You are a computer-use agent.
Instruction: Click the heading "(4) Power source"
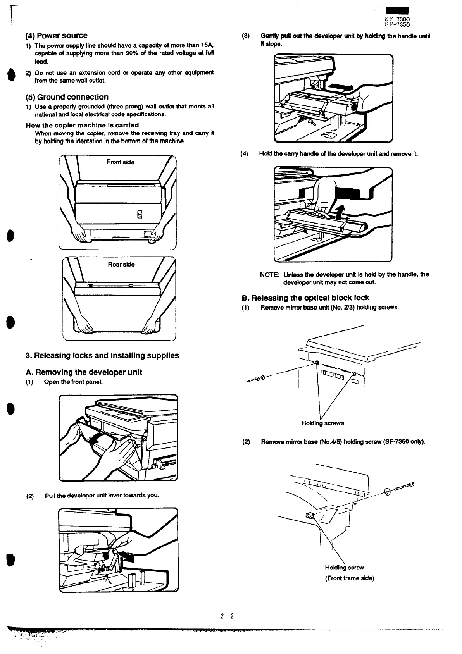click(x=57, y=36)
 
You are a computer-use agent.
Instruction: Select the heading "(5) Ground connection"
click(x=67, y=97)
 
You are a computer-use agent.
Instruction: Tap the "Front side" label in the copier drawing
click(x=121, y=162)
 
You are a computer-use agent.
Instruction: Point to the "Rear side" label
click(x=121, y=264)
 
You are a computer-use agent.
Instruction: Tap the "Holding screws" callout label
click(x=322, y=423)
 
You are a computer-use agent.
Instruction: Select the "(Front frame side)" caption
click(x=349, y=578)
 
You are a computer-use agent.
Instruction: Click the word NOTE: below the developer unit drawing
click(x=269, y=275)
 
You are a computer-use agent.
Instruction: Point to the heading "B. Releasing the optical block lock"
click(x=305, y=298)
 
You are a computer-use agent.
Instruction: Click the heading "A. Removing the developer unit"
click(x=84, y=372)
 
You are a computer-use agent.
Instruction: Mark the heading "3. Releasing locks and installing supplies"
click(x=102, y=355)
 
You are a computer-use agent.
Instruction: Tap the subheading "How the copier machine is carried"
click(x=82, y=125)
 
